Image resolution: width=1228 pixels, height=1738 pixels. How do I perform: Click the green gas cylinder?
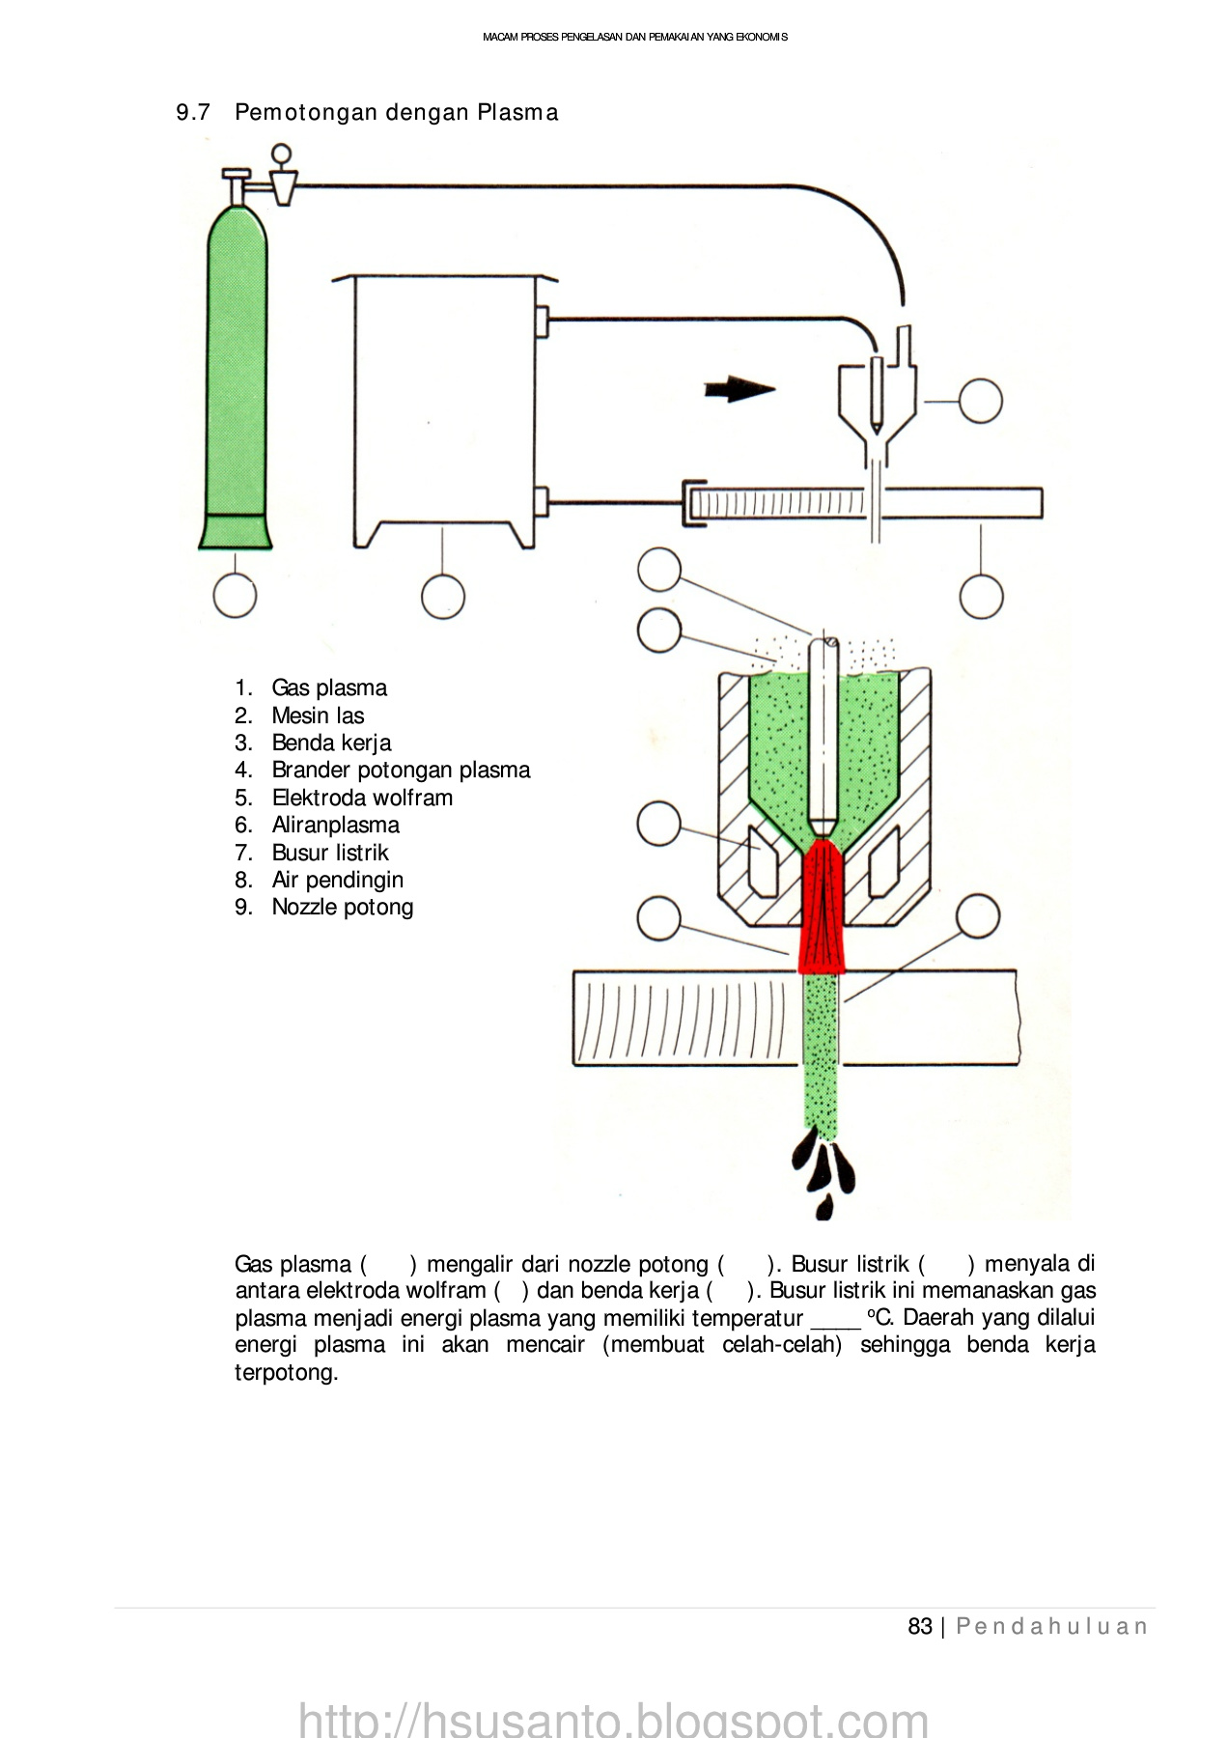pyautogui.click(x=236, y=377)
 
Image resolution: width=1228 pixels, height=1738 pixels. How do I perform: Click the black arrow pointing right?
pyautogui.click(x=739, y=389)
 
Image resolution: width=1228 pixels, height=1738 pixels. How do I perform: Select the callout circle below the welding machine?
pyautogui.click(x=443, y=597)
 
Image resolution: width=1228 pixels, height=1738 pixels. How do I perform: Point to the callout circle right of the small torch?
pyautogui.click(x=980, y=401)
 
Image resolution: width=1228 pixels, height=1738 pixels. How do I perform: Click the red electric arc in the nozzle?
pyautogui.click(x=821, y=908)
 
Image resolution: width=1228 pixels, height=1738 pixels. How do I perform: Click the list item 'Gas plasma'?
pyautogui.click(x=328, y=687)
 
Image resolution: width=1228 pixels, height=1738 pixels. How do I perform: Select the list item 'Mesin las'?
pyautogui.click(x=318, y=715)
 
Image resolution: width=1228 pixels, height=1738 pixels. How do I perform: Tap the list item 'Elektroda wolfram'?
pyautogui.click(x=362, y=798)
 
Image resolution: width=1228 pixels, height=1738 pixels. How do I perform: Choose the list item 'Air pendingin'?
pyautogui.click(x=337, y=880)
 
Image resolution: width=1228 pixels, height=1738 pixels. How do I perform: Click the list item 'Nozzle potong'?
pyautogui.click(x=343, y=907)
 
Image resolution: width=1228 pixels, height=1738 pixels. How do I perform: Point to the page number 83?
pyautogui.click(x=919, y=1626)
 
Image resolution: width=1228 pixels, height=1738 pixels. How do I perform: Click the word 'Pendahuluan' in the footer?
pyautogui.click(x=1052, y=1626)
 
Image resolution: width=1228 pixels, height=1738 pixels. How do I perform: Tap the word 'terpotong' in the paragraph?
pyautogui.click(x=285, y=1372)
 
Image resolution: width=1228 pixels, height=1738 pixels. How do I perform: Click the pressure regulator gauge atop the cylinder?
pyautogui.click(x=281, y=154)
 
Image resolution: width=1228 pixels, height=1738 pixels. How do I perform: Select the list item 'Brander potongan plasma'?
pyautogui.click(x=401, y=770)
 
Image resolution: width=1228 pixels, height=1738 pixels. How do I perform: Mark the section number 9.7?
pyautogui.click(x=193, y=112)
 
